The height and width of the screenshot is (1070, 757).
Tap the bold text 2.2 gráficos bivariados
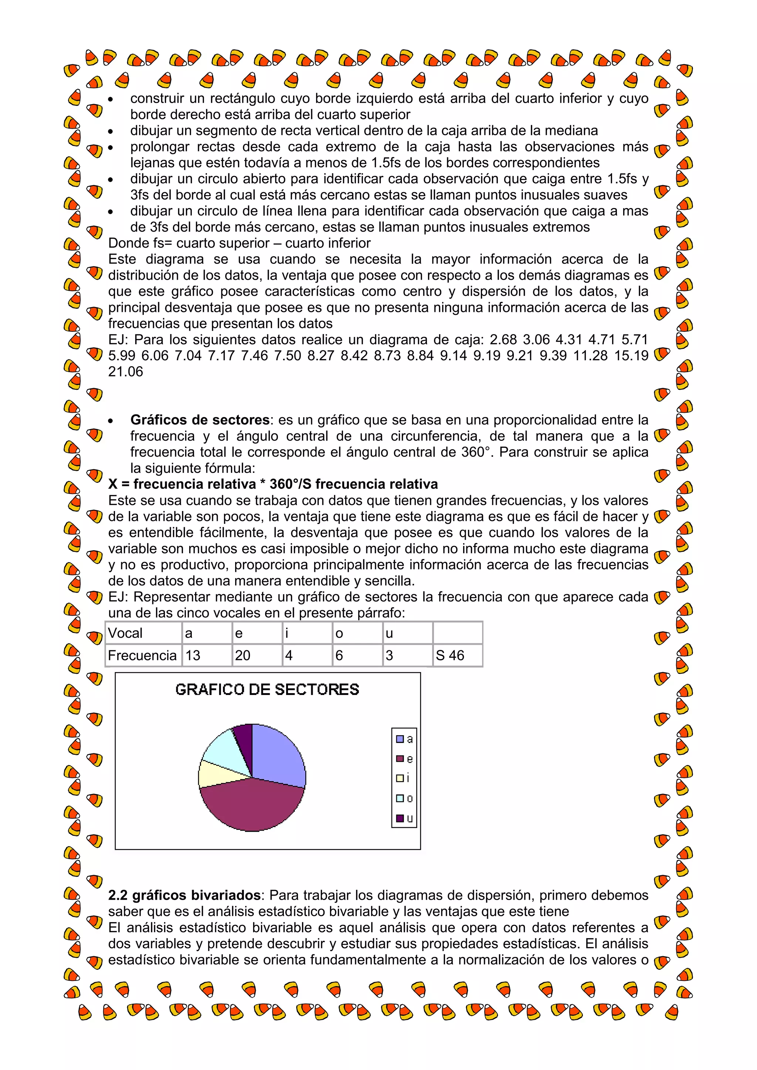point(184,895)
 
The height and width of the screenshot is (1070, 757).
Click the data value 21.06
point(125,371)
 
